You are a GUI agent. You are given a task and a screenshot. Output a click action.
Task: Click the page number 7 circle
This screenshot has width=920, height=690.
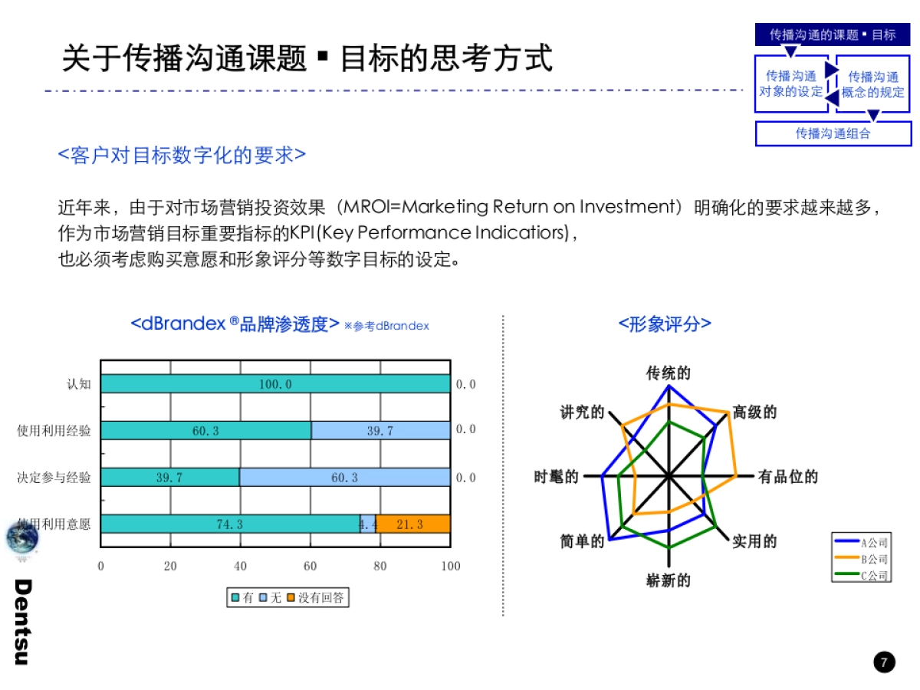(884, 662)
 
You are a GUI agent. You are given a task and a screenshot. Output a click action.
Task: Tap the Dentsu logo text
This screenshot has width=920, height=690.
(22, 622)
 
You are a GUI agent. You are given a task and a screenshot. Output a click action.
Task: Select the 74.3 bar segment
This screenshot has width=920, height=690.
(230, 524)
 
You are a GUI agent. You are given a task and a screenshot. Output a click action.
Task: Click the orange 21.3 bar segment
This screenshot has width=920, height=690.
(412, 524)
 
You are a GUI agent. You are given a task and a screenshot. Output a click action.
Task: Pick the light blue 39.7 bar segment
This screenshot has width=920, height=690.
(380, 431)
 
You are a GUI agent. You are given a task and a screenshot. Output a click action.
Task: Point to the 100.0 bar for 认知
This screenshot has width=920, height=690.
(275, 384)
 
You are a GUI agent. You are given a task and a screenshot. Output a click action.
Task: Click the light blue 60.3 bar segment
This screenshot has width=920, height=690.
(344, 478)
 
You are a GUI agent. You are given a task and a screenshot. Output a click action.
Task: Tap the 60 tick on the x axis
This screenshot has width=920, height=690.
(310, 567)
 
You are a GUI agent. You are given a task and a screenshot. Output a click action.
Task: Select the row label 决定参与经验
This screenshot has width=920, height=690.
(54, 478)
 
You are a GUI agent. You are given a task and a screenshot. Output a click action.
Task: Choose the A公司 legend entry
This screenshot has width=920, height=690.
(862, 542)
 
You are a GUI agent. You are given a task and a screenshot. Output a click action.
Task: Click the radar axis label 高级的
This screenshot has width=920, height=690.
(754, 412)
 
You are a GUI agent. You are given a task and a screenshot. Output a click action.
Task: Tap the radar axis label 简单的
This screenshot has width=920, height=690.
(582, 542)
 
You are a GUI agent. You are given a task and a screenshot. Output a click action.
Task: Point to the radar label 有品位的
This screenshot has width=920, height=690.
(787, 477)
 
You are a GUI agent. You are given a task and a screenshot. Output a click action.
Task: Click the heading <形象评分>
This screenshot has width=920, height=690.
(665, 324)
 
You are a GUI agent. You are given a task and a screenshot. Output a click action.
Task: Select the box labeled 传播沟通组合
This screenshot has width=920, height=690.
(833, 133)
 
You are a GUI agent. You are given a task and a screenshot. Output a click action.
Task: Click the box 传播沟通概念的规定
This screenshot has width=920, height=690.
(873, 84)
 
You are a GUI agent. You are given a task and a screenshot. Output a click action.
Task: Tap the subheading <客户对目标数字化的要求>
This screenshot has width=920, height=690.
(182, 155)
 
